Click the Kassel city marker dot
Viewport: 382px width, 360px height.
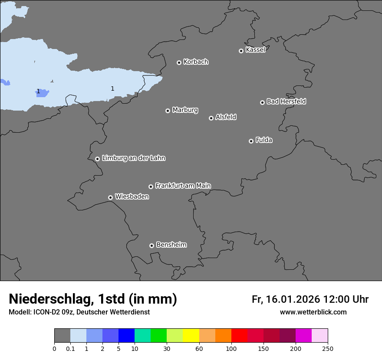[241, 51]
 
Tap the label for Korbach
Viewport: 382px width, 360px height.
[196, 62]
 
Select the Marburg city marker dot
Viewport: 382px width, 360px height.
[168, 111]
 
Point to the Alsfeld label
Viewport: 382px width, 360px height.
[226, 117]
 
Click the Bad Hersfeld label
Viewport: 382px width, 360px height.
[286, 101]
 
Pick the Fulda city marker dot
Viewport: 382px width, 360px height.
[251, 141]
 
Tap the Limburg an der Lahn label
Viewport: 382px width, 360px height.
[133, 158]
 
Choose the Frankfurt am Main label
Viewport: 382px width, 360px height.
[183, 186]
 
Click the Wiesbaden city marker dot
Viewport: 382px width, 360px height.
[110, 197]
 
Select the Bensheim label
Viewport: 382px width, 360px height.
[171, 245]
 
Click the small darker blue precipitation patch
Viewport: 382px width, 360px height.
[42, 93]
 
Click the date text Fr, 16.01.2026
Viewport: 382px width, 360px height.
[286, 299]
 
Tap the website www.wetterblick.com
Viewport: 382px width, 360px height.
[313, 312]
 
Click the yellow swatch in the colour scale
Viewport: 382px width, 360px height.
[191, 336]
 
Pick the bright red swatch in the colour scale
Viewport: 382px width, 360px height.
[239, 336]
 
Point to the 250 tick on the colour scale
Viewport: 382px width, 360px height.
[328, 348]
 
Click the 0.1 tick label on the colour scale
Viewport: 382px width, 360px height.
[70, 348]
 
